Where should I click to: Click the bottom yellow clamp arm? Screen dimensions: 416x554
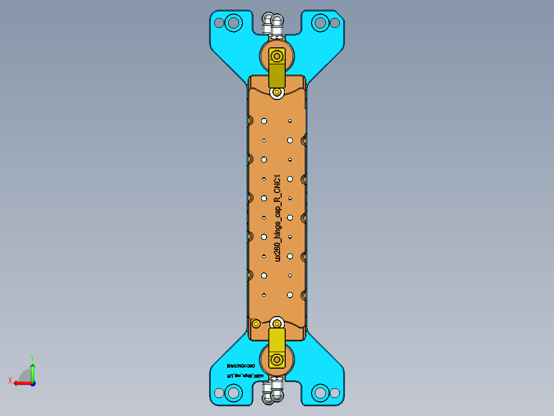pyautogui.click(x=277, y=341)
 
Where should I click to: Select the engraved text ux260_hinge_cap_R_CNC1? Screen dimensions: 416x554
pyautogui.click(x=278, y=217)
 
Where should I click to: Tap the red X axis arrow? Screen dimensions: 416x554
pyautogui.click(x=20, y=383)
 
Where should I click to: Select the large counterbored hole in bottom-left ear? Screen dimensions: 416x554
pyautogui.click(x=234, y=393)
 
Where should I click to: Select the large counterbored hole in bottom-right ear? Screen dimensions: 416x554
pyautogui.click(x=320, y=393)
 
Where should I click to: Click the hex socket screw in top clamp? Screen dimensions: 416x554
pyautogui.click(x=278, y=55)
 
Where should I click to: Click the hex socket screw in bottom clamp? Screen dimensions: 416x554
pyautogui.click(x=278, y=359)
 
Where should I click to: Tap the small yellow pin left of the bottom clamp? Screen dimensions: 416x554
pyautogui.click(x=255, y=323)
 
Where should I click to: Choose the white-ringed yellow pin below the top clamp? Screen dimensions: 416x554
pyautogui.click(x=278, y=92)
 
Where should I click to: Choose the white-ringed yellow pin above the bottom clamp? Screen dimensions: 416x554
pyautogui.click(x=277, y=323)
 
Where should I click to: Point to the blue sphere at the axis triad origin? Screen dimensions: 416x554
pyautogui.click(x=32, y=383)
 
